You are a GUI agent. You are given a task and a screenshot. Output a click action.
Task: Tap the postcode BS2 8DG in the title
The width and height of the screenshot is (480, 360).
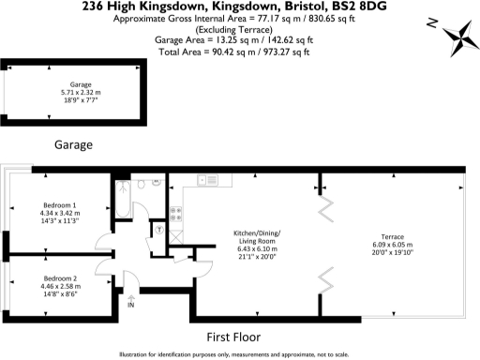334,7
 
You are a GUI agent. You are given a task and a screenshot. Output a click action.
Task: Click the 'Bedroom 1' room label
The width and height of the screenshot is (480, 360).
60,204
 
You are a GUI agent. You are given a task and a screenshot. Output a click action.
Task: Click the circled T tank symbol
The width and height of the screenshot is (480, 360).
161,228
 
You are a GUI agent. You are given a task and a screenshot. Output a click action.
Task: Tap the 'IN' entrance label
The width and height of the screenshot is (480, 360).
131,306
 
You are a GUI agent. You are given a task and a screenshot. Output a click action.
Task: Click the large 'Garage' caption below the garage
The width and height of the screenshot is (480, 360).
73,145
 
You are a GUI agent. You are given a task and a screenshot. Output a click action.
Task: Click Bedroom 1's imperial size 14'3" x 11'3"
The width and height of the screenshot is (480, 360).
60,220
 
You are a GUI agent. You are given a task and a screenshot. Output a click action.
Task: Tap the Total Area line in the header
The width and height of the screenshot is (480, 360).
240,49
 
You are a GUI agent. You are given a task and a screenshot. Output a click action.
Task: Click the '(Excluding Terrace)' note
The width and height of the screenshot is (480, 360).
239,28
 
